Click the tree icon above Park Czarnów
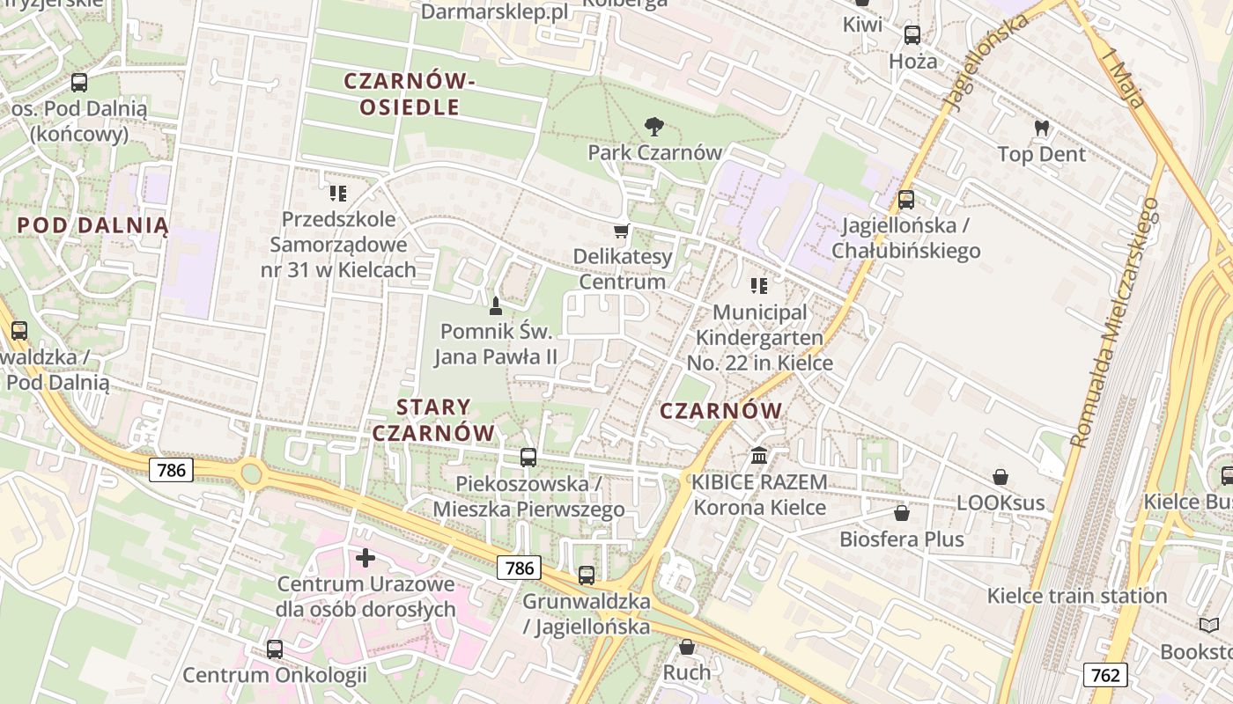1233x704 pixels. point(653,127)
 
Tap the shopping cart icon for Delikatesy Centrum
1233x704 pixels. point(622,231)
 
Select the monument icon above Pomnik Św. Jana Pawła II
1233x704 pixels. point(495,306)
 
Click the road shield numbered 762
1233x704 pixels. point(1104,675)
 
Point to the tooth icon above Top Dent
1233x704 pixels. point(1042,128)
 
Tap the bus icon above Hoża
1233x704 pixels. point(912,35)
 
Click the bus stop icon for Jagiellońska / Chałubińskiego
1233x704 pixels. point(906,200)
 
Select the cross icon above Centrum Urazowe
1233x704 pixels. point(365,558)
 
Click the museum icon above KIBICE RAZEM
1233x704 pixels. point(759,456)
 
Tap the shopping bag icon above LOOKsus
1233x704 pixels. point(1000,477)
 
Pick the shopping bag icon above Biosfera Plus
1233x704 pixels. point(901,512)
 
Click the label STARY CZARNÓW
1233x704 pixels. point(433,420)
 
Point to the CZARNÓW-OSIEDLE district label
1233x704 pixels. point(410,94)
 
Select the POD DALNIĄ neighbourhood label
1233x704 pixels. point(92,224)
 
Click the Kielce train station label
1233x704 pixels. point(1076,596)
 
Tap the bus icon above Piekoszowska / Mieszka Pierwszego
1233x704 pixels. point(528,458)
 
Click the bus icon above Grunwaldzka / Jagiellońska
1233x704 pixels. point(587,576)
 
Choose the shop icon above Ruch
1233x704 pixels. point(687,648)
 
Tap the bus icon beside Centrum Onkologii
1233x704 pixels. point(275,649)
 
